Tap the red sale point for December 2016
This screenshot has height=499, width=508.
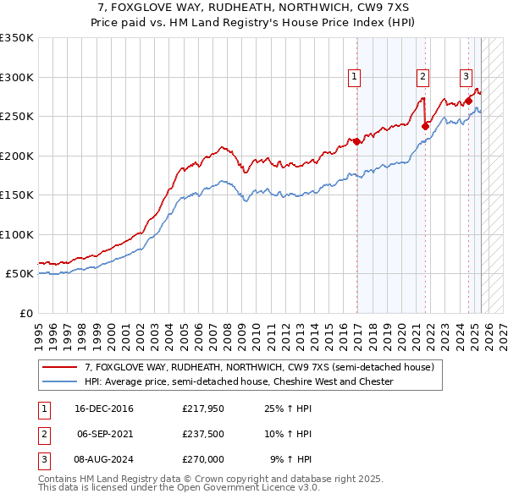tap(356, 141)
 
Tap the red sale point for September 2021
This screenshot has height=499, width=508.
tap(425, 126)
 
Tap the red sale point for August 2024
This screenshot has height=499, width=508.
tap(468, 101)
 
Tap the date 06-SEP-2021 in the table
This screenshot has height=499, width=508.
tap(104, 434)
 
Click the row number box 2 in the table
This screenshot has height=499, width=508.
tap(43, 434)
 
